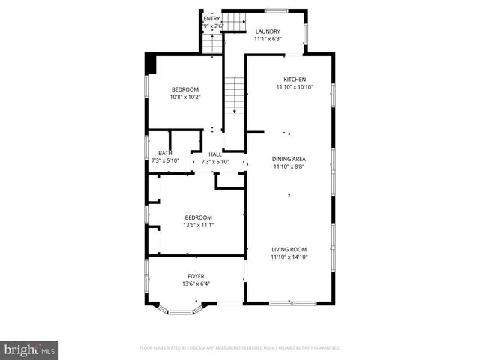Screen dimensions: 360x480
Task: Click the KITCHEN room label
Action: pos(295,79)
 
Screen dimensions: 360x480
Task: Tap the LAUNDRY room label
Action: pos(267,31)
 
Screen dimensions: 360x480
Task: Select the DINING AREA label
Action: pos(289,158)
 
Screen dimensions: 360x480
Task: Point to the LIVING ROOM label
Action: pos(289,249)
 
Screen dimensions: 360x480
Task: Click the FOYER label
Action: pos(196,276)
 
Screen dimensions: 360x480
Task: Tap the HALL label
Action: pos(214,154)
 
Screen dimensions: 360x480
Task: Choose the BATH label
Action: pos(164,154)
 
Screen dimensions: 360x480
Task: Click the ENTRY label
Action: pos(211,19)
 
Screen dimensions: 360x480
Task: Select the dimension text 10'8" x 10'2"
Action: pos(184,97)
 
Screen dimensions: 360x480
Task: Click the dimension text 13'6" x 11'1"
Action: pos(199,224)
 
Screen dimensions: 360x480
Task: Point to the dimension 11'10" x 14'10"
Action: pos(289,257)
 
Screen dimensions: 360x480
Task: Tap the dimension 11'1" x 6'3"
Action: pos(268,39)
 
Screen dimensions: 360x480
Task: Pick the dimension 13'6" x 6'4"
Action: pos(196,283)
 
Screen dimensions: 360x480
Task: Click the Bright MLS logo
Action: pos(30,349)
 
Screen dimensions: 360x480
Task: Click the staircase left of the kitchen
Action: pos(236,96)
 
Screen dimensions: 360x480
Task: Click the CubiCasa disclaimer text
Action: pos(240,348)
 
